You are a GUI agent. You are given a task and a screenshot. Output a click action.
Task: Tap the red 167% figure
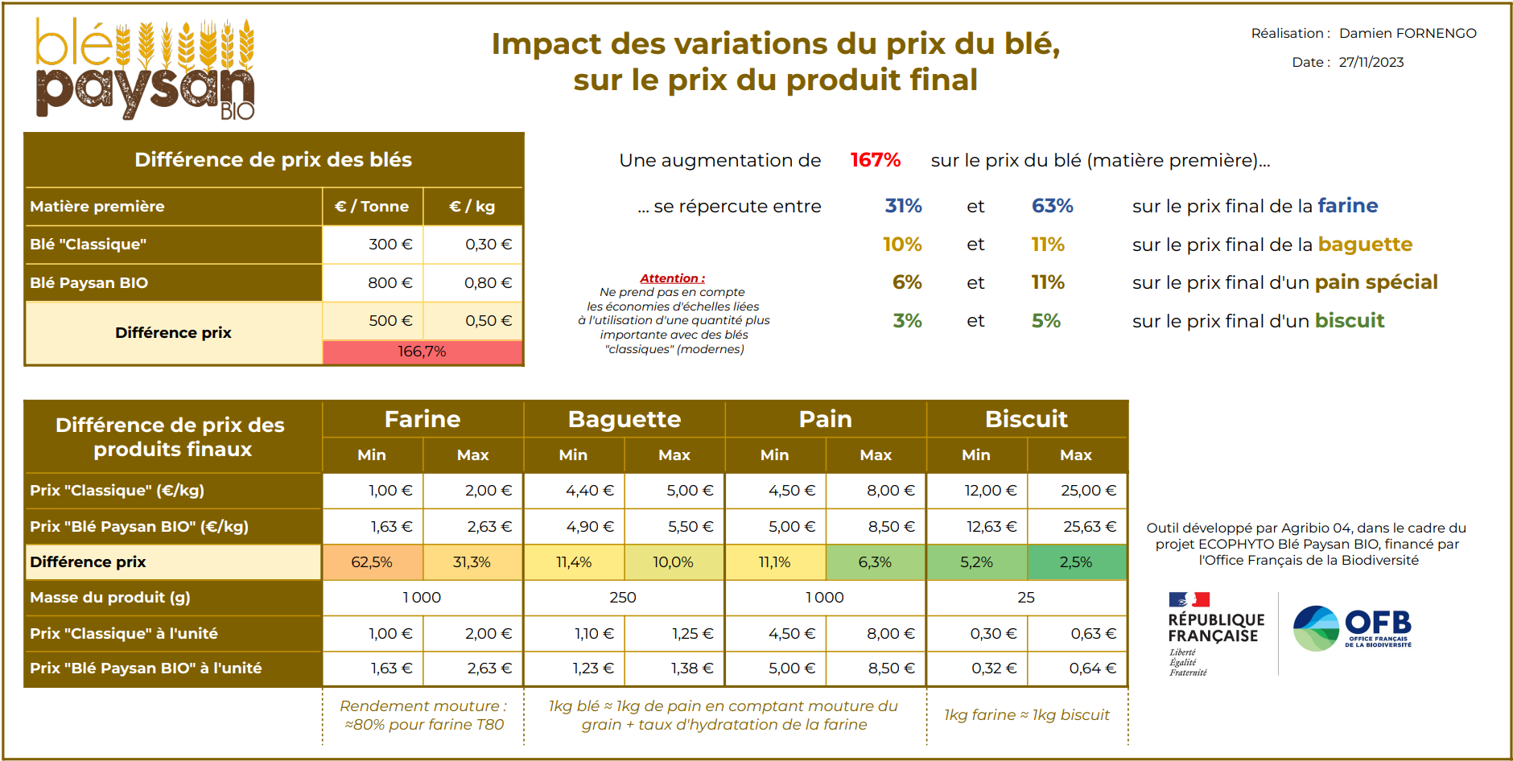tap(875, 160)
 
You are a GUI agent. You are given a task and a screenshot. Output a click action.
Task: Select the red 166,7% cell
tap(422, 352)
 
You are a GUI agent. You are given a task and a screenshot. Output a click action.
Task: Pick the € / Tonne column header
tap(372, 207)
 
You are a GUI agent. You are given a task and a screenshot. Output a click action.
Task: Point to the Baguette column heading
tap(624, 419)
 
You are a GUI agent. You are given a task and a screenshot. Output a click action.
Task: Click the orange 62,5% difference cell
tap(372, 562)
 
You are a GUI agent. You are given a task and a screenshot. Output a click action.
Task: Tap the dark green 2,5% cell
tap(1075, 562)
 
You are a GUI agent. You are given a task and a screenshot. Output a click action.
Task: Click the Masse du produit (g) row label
tap(110, 598)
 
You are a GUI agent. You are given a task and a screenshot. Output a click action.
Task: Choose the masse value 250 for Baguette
tap(623, 598)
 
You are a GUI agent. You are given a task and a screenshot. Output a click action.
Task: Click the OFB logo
tap(1352, 628)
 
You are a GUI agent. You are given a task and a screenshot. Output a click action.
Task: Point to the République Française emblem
tap(1215, 634)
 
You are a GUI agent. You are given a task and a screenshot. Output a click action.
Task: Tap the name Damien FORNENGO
tap(1408, 33)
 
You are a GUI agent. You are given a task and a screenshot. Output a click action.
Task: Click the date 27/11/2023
tap(1371, 62)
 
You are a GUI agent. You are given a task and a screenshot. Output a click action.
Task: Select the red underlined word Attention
tap(672, 278)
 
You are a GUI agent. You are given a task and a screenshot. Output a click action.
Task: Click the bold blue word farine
tap(1347, 206)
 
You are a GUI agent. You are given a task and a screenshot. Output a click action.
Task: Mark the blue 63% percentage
tap(1052, 206)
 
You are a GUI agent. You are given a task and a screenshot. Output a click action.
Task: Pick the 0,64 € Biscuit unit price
tap(1092, 668)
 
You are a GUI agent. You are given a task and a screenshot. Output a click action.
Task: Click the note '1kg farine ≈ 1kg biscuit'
tap(1026, 715)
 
